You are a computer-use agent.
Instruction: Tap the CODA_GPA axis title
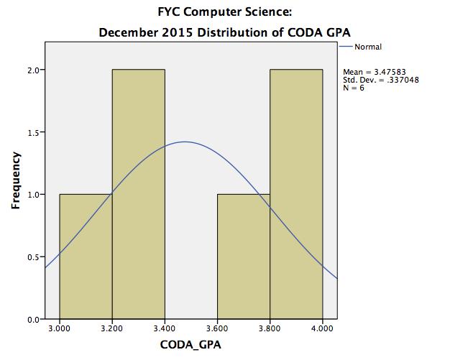click(191, 346)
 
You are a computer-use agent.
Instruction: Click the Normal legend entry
click(367, 47)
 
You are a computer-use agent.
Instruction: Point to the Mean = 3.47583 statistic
click(375, 73)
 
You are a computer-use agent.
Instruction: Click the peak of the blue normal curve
click(185, 142)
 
